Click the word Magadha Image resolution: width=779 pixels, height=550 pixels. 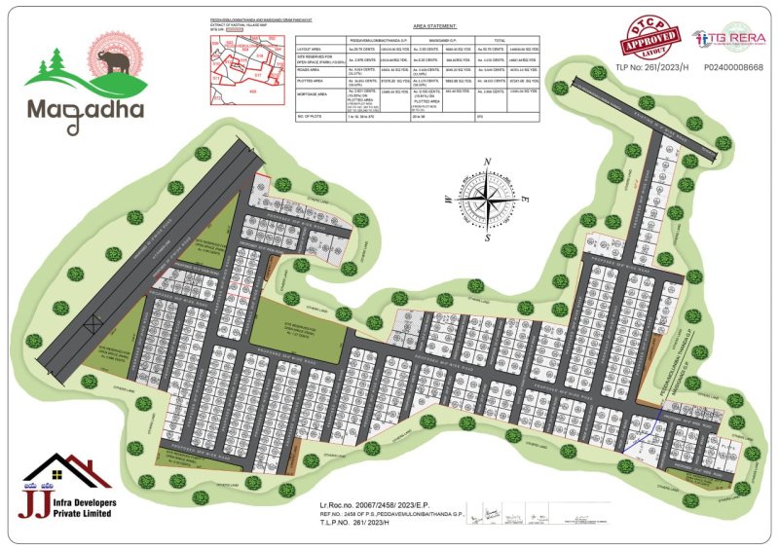[x=86, y=107]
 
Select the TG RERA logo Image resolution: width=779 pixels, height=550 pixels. [x=727, y=39]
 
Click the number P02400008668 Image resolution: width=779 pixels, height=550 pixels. [x=733, y=68]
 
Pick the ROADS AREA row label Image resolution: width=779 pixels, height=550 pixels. [x=312, y=71]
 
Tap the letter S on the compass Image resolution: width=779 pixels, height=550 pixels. [x=488, y=237]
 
